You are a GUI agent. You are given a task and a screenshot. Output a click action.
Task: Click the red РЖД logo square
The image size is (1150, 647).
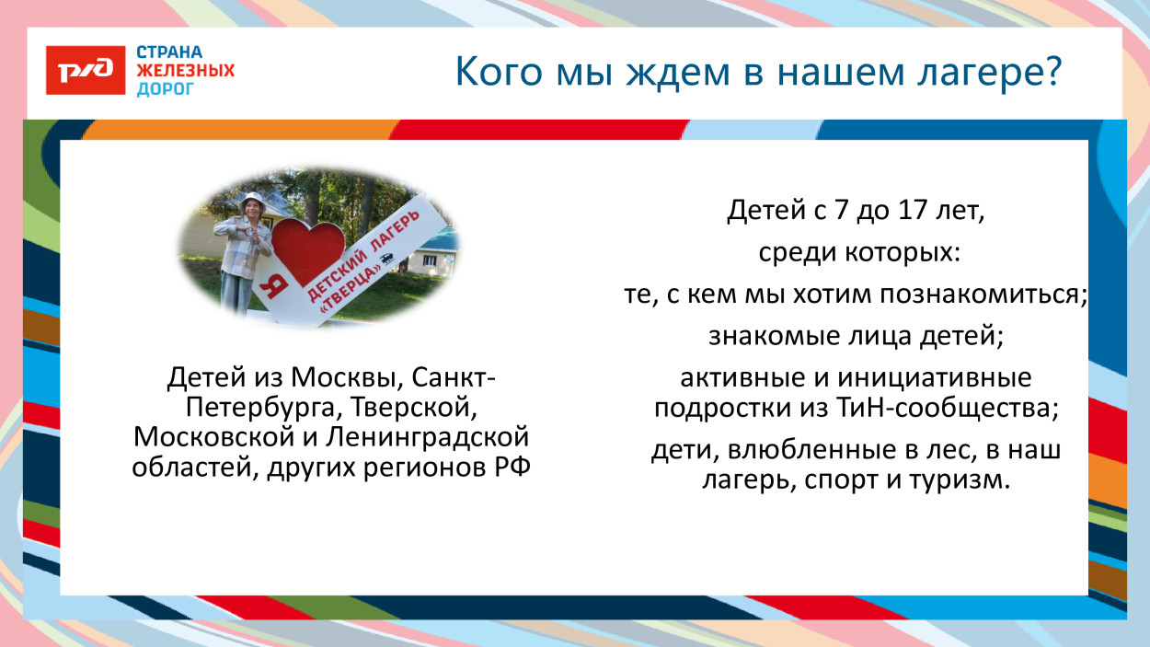tap(86, 70)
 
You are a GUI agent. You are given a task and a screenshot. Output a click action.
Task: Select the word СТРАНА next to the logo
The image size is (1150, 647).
tap(169, 52)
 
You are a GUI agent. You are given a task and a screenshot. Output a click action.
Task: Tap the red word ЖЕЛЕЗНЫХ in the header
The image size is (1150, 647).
tap(185, 71)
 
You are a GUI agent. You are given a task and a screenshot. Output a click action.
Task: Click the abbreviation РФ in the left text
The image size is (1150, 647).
tap(515, 467)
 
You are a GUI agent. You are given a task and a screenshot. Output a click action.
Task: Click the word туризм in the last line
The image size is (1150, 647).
tap(963, 480)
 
